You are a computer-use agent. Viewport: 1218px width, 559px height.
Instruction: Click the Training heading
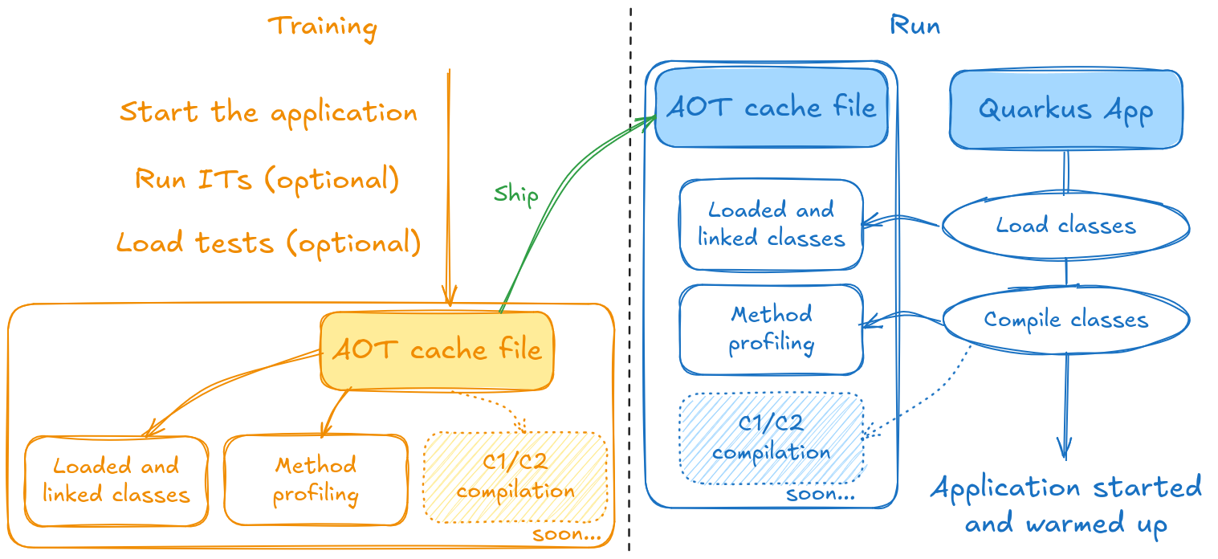[323, 27]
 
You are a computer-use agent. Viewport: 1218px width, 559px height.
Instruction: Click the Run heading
[915, 26]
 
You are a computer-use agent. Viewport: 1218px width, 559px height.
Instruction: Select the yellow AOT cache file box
[437, 349]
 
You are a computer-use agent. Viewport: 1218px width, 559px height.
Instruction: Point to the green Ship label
[515, 194]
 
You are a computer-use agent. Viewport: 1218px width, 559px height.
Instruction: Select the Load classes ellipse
[1065, 226]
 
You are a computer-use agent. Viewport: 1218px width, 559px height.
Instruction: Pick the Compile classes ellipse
[1065, 320]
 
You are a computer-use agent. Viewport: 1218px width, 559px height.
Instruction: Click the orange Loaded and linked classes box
[116, 479]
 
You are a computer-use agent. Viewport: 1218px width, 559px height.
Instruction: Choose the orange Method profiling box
[316, 479]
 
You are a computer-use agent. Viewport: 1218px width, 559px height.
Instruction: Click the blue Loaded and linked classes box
[772, 224]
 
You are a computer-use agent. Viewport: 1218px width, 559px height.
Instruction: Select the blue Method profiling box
[772, 328]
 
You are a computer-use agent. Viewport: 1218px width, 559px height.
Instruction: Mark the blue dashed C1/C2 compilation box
[772, 438]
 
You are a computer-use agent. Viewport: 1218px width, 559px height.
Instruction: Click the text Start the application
[268, 112]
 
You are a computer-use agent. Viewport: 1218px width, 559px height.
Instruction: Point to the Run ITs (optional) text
[267, 178]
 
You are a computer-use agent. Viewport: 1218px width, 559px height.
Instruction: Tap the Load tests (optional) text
[268, 242]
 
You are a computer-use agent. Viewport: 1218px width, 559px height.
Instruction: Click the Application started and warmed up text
[1065, 505]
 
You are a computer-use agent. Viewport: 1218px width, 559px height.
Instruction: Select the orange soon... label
[567, 534]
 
